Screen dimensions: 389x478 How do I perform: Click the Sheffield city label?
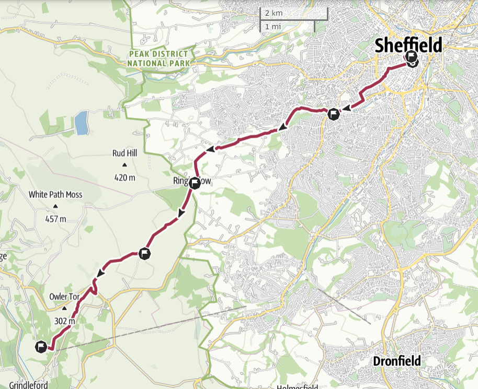tap(408, 45)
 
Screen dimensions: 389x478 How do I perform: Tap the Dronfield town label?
tap(397, 361)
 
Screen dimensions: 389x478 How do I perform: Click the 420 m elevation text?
tap(124, 178)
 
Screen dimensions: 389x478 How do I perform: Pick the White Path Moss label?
tap(55, 195)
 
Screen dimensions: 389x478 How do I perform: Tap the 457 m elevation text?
tap(55, 219)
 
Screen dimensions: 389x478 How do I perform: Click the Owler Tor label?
tap(64, 297)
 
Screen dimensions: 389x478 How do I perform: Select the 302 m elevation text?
tap(64, 321)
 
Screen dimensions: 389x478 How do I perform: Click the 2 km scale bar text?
tap(274, 13)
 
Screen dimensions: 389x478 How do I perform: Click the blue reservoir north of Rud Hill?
tap(81, 123)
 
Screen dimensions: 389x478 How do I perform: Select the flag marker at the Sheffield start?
tap(412, 58)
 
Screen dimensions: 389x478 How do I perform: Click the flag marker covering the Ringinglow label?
tap(195, 183)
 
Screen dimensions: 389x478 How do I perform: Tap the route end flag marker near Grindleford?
tap(41, 346)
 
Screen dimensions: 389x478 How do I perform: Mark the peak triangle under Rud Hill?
tap(124, 166)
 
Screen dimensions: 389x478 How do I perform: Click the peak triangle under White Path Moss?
tap(55, 207)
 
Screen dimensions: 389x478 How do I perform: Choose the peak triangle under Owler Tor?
tap(64, 309)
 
